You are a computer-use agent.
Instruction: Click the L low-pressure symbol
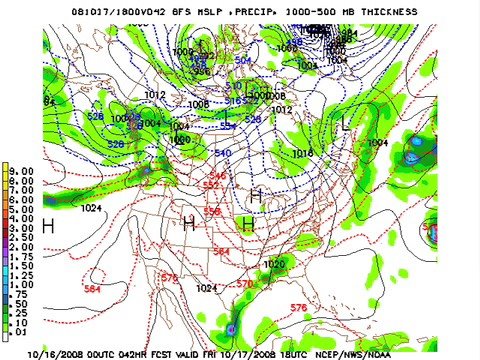[x=347, y=125]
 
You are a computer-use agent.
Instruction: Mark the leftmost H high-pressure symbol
[x=47, y=227]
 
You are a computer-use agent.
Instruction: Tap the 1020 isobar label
[x=273, y=264]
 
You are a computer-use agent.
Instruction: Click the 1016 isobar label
[x=303, y=153]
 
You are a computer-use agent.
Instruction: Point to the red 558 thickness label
[x=212, y=212]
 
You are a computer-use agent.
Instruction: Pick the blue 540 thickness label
[x=222, y=153]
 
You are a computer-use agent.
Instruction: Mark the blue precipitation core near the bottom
[x=232, y=328]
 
